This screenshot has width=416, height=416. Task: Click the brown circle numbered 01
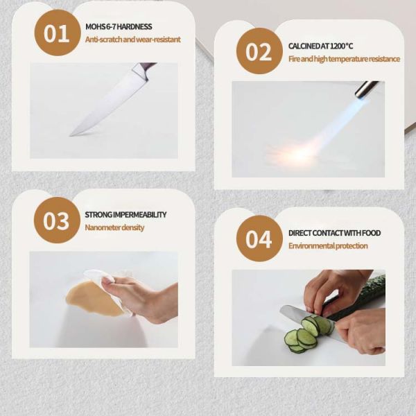point(58,33)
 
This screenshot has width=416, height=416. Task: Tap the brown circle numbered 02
point(259,51)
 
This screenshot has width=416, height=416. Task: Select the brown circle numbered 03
point(57,220)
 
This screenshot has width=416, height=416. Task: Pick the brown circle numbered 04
point(259,239)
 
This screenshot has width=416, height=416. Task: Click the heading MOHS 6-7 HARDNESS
point(119,27)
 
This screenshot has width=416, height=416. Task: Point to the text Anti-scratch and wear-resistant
point(132,40)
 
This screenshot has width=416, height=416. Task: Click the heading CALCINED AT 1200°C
point(320,46)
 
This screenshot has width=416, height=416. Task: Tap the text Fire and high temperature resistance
point(344,59)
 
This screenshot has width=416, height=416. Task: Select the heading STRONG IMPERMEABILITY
point(125,215)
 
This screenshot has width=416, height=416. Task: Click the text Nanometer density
point(114,227)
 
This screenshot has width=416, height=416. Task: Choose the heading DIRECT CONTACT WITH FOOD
point(335,233)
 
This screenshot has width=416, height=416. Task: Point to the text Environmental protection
point(328,246)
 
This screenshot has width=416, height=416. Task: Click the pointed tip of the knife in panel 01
point(70,136)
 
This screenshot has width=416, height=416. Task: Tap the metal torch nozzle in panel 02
point(367,88)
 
